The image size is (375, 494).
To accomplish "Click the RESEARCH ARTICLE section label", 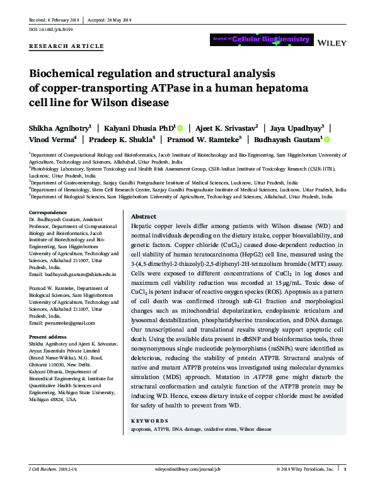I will pyautogui.click(x=67, y=47).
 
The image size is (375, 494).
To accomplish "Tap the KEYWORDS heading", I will pyautogui.click(x=149, y=420).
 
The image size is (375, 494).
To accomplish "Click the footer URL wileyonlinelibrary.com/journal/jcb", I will pyautogui.click(x=187, y=488).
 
